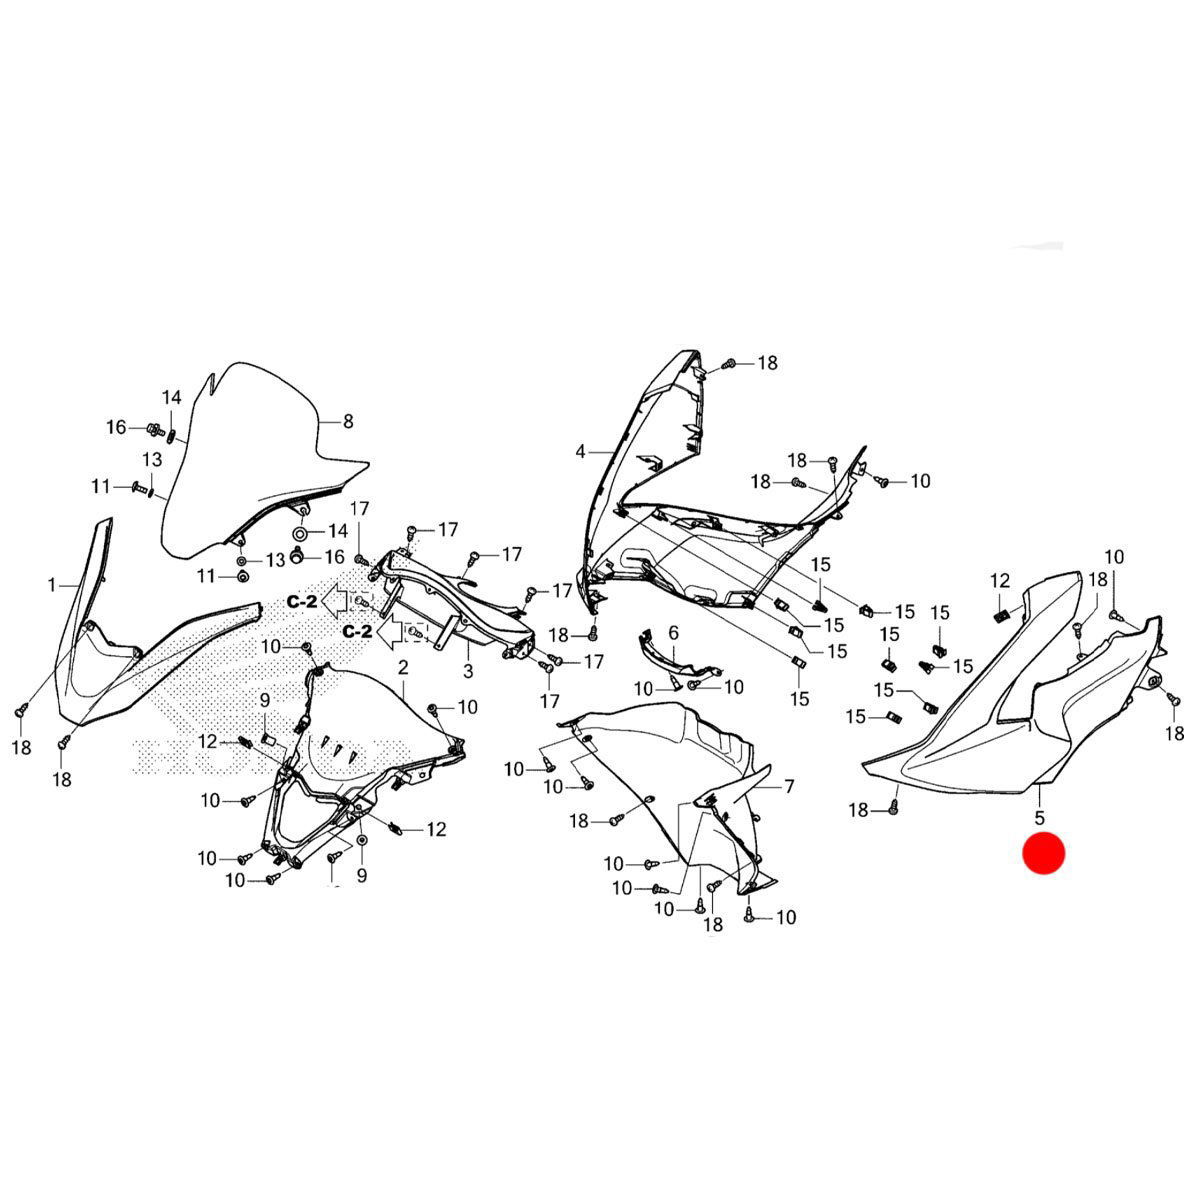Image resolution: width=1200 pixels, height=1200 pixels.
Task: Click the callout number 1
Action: [x=52, y=585]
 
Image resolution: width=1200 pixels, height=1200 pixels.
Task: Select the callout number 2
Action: [x=403, y=668]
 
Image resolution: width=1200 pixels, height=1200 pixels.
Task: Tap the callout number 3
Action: [x=468, y=671]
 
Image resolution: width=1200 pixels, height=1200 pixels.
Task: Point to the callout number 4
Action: [x=580, y=451]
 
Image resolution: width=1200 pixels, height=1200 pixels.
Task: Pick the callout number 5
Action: [x=1041, y=817]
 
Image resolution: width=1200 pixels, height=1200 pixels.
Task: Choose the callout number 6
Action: [x=673, y=633]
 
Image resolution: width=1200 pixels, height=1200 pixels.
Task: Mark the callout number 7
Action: [x=790, y=787]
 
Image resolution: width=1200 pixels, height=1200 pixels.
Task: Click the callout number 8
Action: [x=348, y=422]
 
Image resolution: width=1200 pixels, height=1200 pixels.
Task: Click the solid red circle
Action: [x=1044, y=853]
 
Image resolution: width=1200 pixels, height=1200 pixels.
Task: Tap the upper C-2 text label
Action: [x=302, y=602]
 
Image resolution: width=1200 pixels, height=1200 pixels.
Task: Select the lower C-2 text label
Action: [x=357, y=632]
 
